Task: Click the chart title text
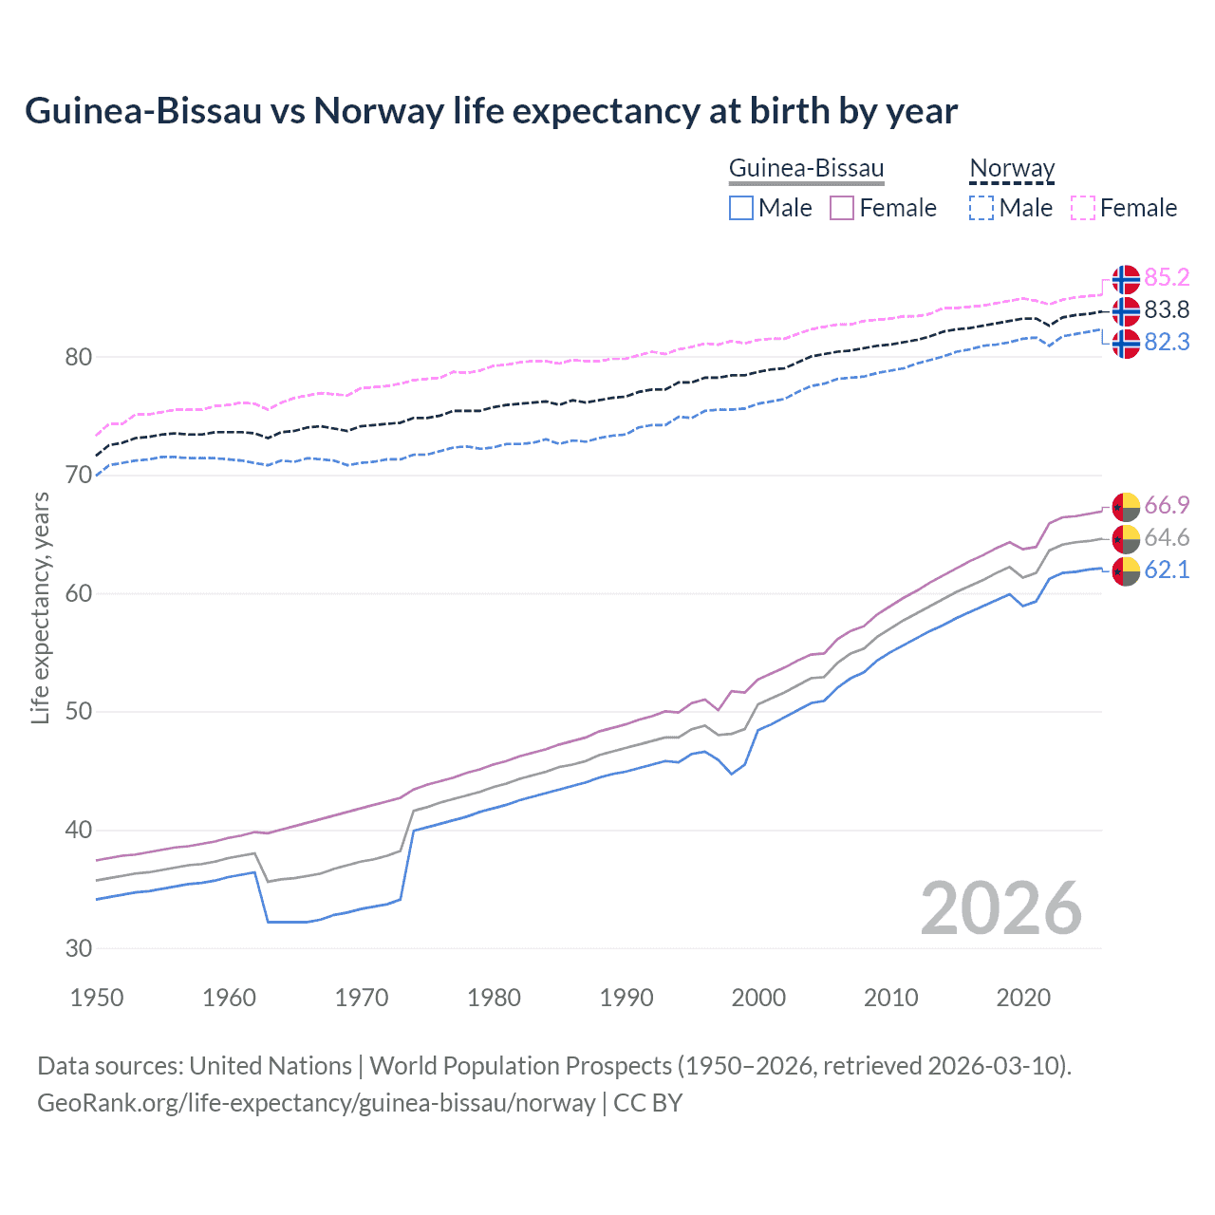coord(491,111)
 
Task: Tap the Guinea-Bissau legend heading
coord(806,168)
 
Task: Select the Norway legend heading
coord(1012,168)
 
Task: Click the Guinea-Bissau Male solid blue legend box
coord(741,208)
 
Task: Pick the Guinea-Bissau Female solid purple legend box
coord(842,208)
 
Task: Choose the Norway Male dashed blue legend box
coord(981,208)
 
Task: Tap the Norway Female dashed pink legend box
coord(1083,208)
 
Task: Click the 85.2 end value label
coord(1167,277)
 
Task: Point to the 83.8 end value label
coord(1167,309)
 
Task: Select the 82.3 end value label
coord(1167,342)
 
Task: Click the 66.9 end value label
coord(1167,505)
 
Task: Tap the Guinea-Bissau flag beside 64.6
coord(1126,538)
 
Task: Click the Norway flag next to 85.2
coord(1126,279)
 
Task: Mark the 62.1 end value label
coord(1167,570)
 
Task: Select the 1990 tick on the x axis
coord(626,998)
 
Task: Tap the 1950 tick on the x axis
coord(97,998)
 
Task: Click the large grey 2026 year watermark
coord(1001,909)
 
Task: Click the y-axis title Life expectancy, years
coord(40,607)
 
